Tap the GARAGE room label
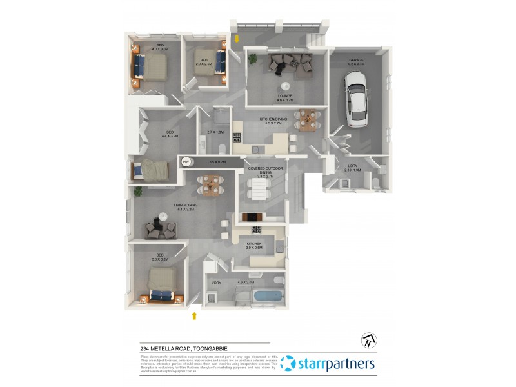356,60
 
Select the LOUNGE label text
285,97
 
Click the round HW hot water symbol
186,161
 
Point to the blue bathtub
267,297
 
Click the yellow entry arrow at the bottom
193,316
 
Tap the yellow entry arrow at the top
237,39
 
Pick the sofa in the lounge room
290,64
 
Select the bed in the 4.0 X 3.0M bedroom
151,65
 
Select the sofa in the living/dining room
160,227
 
